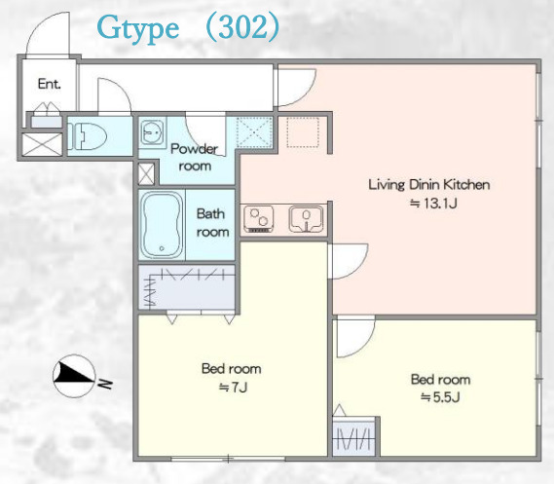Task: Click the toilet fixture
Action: coord(88,136)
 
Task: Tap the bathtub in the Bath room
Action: coord(162,225)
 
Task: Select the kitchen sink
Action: coord(306,219)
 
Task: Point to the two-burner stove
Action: coord(259,219)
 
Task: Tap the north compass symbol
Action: coord(74,376)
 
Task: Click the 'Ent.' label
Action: coord(49,84)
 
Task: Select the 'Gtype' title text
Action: coord(138,29)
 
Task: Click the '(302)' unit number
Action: coord(242,27)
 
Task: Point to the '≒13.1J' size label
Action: coord(433,204)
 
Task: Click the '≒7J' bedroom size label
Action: coord(233,388)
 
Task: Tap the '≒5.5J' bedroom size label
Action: coord(440,397)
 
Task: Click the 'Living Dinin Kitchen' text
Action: coord(429,184)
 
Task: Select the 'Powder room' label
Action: coord(195,157)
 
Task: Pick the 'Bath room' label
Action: coord(212,223)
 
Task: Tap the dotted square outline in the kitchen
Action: coord(303,132)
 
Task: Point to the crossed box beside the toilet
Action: coord(43,144)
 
